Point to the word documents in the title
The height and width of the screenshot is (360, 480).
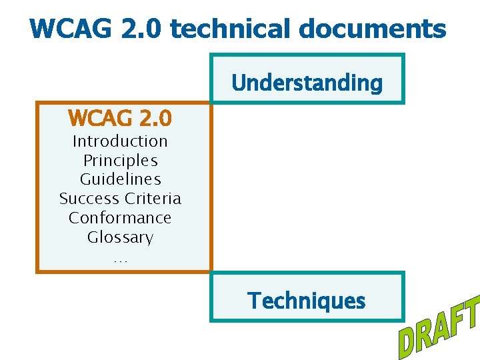click(x=373, y=29)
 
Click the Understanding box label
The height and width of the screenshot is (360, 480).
click(x=307, y=83)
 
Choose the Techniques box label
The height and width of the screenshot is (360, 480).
click(x=307, y=301)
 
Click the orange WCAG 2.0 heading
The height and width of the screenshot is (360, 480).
click(x=120, y=119)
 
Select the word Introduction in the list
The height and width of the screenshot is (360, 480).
click(x=120, y=141)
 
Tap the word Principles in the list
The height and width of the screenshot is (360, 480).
click(x=120, y=161)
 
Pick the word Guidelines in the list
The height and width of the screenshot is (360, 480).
click(x=120, y=179)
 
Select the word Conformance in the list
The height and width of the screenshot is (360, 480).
click(x=120, y=218)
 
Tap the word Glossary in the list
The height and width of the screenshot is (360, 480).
click(x=120, y=237)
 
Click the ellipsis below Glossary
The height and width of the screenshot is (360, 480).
click(x=120, y=259)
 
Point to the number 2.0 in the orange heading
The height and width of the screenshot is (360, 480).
click(x=156, y=119)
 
